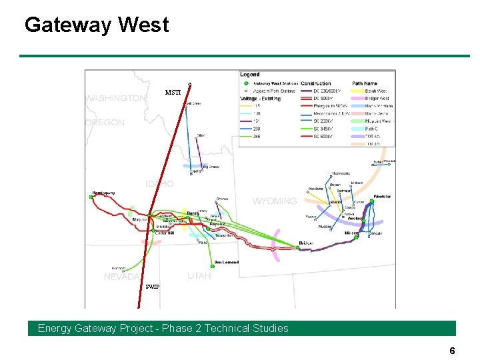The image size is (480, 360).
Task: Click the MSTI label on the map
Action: click(173, 93)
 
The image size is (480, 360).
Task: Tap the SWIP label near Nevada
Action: click(153, 287)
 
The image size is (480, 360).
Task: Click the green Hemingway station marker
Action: click(91, 197)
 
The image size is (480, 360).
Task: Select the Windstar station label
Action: click(382, 197)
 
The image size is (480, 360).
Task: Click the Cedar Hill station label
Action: click(165, 233)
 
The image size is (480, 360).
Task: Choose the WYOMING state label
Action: click(274, 201)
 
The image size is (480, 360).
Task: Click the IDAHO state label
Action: click(160, 184)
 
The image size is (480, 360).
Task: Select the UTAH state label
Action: click(199, 275)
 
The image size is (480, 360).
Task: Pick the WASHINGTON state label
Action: click(115, 98)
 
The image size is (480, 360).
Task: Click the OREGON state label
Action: click(105, 123)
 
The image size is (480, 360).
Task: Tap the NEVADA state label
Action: click(123, 277)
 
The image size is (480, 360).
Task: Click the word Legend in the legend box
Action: click(250, 74)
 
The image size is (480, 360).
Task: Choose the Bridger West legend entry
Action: click(377, 98)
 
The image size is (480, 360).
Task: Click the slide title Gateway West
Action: click(97, 25)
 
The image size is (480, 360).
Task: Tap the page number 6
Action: click(452, 351)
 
